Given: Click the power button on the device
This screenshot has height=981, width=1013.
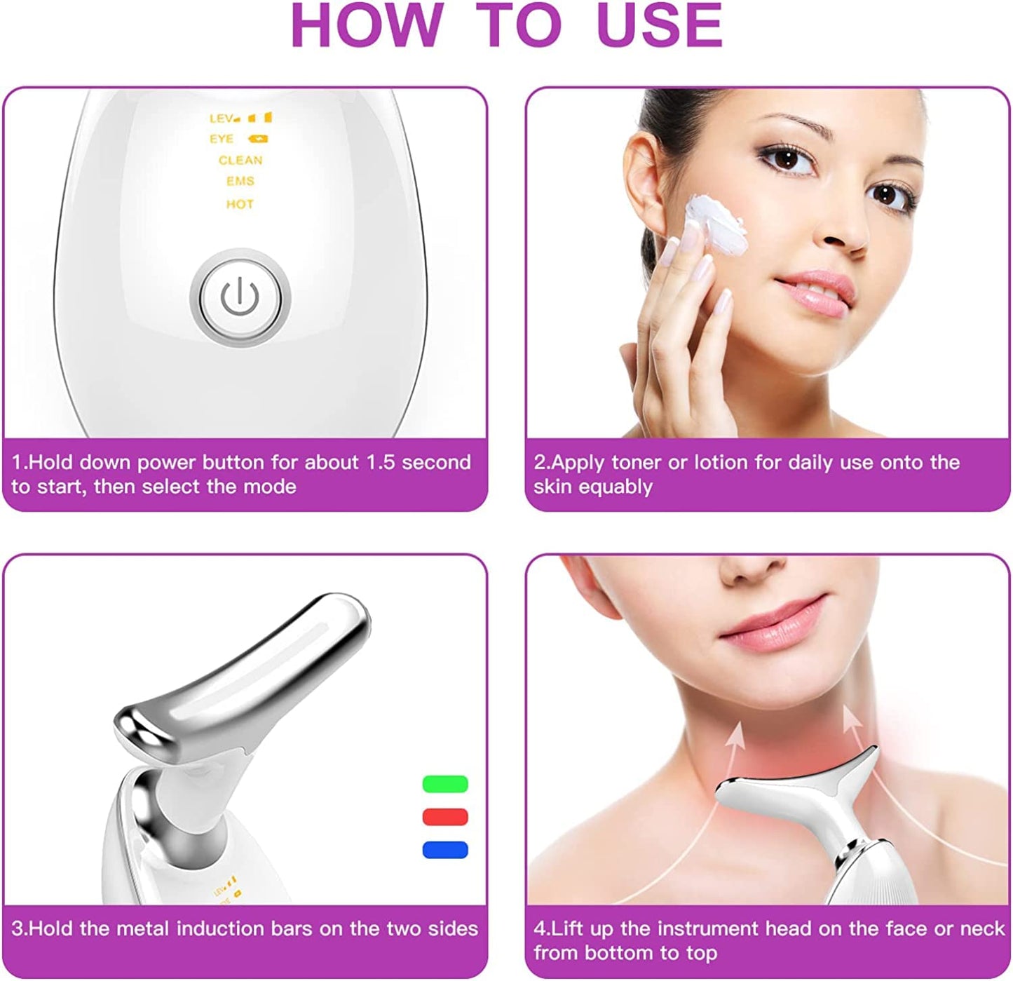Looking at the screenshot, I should coord(240,299).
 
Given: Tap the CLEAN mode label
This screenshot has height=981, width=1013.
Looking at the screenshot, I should coord(240,161).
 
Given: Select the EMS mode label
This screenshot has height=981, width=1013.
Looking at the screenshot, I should coord(240,182).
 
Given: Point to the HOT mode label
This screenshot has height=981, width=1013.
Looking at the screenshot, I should coord(240,205).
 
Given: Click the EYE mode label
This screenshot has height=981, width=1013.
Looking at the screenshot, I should coord(222,140).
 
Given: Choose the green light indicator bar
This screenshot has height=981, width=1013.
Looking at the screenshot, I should coord(445,784).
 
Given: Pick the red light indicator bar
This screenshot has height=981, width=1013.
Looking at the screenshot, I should coord(445,817).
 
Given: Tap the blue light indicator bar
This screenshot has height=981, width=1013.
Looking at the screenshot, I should coord(445,850).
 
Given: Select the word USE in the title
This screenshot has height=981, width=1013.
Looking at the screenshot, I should coord(659,25).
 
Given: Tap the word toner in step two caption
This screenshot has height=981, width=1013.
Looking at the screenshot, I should coord(636,463).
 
